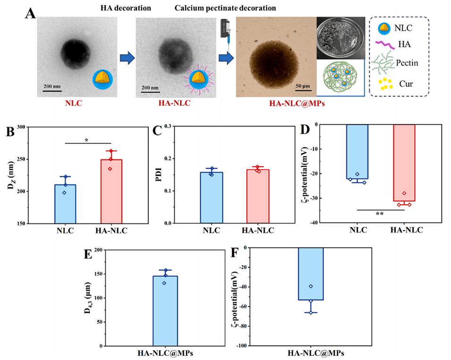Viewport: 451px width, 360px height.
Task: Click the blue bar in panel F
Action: pos(310,274)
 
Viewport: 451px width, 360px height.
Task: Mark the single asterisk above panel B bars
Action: pos(87,140)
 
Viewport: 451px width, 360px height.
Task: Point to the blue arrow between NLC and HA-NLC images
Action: pos(126,58)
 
